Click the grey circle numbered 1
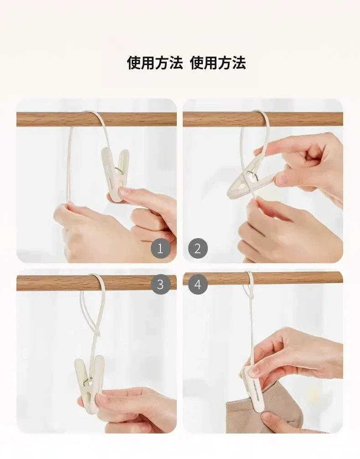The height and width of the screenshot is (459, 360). [160, 249]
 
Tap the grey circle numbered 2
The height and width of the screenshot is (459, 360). [198, 249]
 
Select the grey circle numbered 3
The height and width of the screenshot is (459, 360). [160, 284]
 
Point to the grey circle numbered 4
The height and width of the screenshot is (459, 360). [198, 284]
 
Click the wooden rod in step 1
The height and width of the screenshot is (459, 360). [96, 119]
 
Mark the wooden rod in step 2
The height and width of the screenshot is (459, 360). [263, 119]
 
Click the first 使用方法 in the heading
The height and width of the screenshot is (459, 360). [154, 63]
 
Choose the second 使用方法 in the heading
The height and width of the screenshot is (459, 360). [218, 63]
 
